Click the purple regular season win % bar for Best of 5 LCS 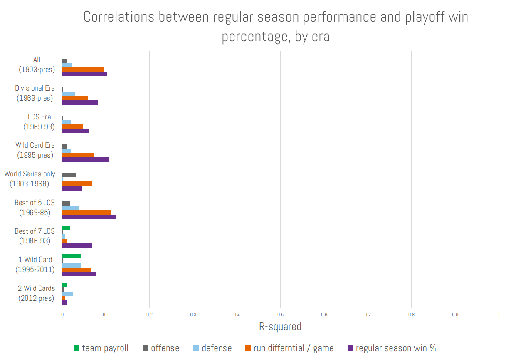[x=89, y=217]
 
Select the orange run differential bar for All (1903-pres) [x=83, y=70]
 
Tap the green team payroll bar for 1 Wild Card [x=72, y=256]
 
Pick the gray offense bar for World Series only [x=69, y=175]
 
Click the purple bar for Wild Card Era [x=86, y=159]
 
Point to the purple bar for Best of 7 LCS [x=77, y=245]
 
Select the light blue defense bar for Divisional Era [x=68, y=94]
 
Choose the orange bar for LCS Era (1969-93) [x=72, y=127]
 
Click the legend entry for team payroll [x=101, y=348]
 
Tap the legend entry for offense [x=161, y=348]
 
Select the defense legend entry [x=212, y=348]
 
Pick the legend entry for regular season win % [x=391, y=348]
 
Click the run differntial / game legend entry [x=289, y=348]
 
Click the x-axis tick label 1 [x=498, y=315]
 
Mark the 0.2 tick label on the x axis [x=149, y=315]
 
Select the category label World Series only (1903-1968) [x=30, y=179]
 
